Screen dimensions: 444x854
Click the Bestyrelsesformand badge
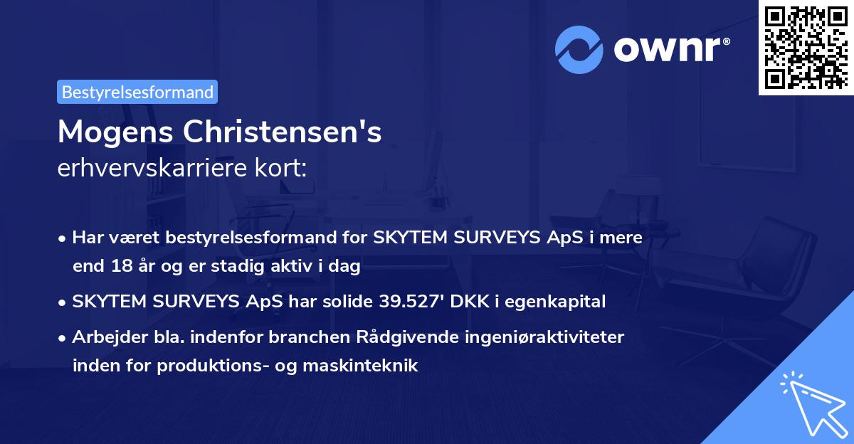137,92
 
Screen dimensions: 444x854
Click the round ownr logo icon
579,51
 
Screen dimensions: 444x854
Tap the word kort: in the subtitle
283,169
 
